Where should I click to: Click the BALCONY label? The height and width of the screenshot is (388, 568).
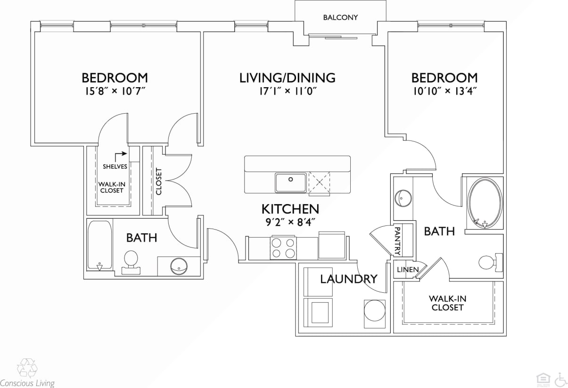[x=340, y=17]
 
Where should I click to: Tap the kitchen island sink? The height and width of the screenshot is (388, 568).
[x=291, y=182]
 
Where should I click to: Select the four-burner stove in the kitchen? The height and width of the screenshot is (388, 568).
[x=283, y=248]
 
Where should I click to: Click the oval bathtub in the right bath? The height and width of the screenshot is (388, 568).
[x=485, y=203]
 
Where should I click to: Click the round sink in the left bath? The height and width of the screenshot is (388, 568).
[x=179, y=266]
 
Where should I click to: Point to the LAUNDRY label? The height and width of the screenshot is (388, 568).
[x=349, y=279]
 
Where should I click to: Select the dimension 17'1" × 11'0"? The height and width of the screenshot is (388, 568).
[x=287, y=91]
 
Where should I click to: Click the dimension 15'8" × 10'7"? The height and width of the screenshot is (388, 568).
[x=115, y=91]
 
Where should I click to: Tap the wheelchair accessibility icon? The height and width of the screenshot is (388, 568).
[x=560, y=379]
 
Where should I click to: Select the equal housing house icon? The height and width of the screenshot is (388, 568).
[x=543, y=379]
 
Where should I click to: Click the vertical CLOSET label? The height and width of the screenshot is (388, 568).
[x=159, y=182]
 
